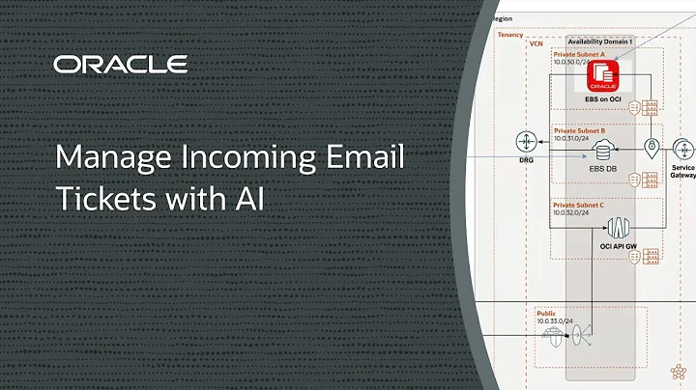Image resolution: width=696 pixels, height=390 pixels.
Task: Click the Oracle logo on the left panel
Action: [120, 65]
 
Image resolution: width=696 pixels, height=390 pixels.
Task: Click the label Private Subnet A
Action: [579, 54]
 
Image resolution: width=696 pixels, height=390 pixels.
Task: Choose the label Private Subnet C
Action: [579, 205]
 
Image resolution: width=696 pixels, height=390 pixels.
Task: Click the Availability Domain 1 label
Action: [599, 42]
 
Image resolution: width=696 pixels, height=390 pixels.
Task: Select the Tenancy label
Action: [508, 35]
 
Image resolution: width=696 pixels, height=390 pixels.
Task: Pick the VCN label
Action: [536, 43]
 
